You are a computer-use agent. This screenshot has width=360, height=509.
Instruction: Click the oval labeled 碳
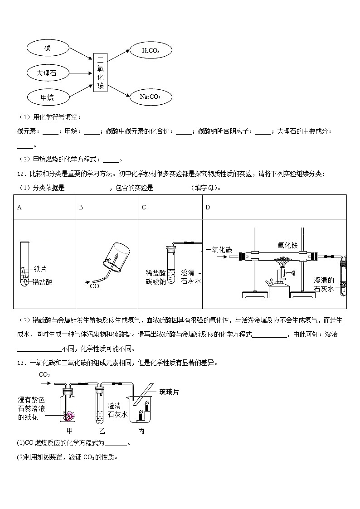(48, 48)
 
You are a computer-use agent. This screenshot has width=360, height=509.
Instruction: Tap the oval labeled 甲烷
(48, 97)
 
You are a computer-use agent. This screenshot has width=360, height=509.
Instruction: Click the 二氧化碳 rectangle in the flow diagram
(100, 72)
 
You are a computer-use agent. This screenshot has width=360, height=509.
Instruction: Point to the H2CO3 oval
(151, 51)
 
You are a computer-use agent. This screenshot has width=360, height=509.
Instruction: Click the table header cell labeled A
(19, 208)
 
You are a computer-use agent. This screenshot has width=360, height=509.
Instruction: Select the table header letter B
(81, 208)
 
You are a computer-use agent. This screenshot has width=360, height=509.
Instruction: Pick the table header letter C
(144, 208)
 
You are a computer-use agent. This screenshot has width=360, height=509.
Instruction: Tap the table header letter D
(208, 208)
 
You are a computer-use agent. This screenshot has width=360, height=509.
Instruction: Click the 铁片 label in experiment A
(40, 269)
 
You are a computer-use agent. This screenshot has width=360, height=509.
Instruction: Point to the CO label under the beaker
(94, 286)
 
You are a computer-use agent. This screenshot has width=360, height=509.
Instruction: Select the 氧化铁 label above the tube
(287, 245)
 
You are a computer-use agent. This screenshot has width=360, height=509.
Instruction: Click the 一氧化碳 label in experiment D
(219, 250)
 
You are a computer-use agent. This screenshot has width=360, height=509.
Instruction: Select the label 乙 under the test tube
(102, 431)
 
